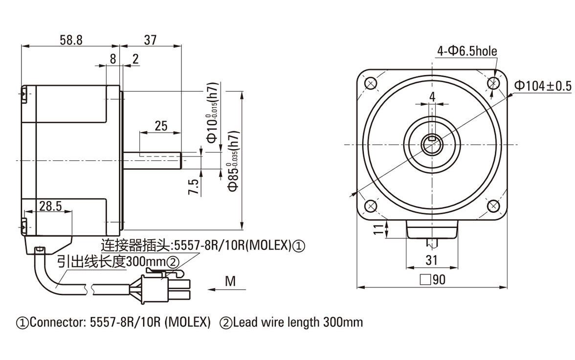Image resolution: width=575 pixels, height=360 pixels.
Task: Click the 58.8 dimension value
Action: (x=71, y=40)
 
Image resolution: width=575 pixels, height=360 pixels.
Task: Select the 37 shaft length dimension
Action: (x=151, y=40)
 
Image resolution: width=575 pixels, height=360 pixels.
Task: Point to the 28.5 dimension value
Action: (x=50, y=206)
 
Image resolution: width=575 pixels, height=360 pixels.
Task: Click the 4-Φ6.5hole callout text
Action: (x=466, y=50)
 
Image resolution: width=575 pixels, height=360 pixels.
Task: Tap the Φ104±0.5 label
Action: (x=542, y=86)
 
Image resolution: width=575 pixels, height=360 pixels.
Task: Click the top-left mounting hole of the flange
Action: (x=371, y=83)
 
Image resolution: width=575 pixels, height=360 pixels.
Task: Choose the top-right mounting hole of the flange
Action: (x=493, y=83)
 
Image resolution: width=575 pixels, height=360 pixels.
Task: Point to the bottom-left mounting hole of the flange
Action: (x=371, y=205)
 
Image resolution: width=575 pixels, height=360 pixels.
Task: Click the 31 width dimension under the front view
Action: (x=431, y=260)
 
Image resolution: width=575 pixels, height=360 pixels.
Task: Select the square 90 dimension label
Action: (x=433, y=280)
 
